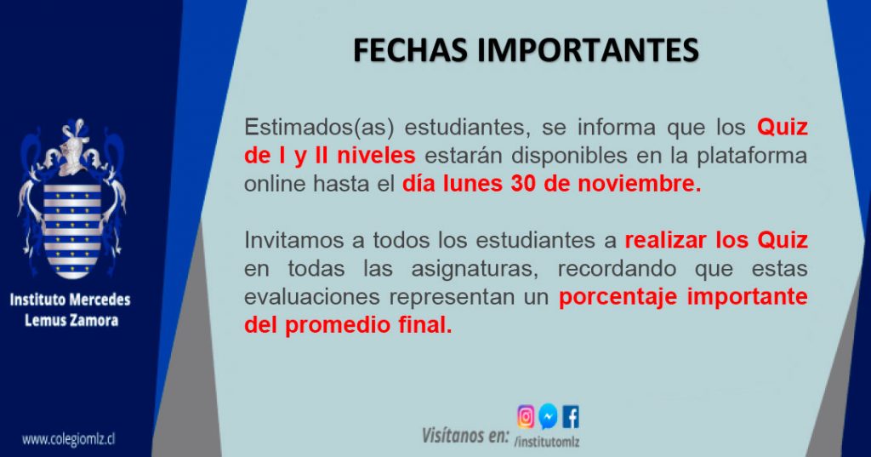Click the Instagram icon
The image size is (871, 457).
coord(526,416)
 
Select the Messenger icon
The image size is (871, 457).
coord(549,416)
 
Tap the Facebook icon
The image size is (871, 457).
coord(571,417)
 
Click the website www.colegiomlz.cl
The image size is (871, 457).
coord(68,439)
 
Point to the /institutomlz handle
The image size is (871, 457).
coord(547,442)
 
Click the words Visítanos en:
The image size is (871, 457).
coord(465,435)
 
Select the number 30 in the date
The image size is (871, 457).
coord(523,184)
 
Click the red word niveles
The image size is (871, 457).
coord(376,156)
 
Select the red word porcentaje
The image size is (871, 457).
coord(618,297)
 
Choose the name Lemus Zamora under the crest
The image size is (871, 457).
coord(71,320)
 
